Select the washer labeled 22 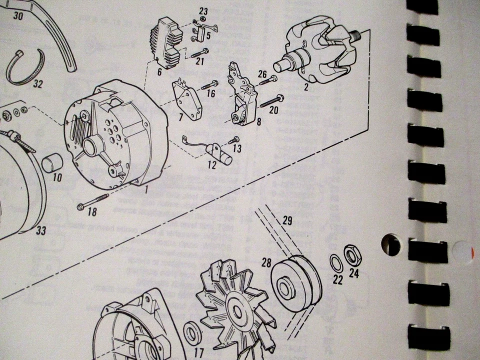[x=336, y=262]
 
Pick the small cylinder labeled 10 [x=52, y=163]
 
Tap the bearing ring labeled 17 [x=192, y=333]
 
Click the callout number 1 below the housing [x=146, y=189]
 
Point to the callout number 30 [x=18, y=15]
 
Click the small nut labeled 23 [x=202, y=18]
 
